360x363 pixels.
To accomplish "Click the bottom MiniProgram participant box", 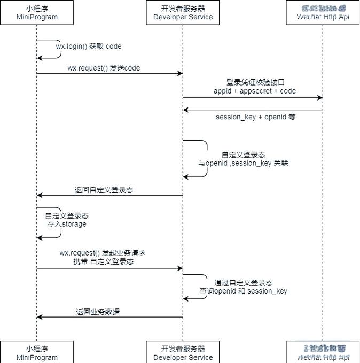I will click(36, 352).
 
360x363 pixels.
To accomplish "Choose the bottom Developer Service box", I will click(183, 352).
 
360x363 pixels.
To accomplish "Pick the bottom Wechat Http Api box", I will click(323, 352).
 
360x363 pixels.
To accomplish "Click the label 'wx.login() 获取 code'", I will click(89, 47).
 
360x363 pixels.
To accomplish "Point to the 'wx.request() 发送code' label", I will click(104, 68).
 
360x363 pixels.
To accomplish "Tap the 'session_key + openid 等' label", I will click(255, 117).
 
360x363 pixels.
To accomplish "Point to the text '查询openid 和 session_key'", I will click(243, 291).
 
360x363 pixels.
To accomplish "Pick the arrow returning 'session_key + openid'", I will click(252, 110).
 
